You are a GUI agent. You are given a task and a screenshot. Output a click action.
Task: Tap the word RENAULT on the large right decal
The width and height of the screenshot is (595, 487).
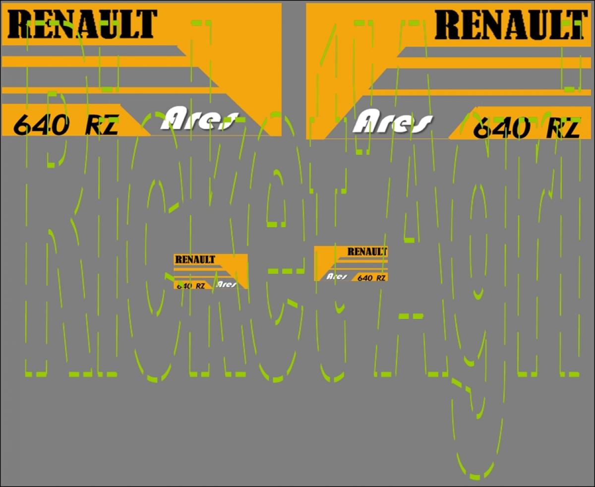pos(512,25)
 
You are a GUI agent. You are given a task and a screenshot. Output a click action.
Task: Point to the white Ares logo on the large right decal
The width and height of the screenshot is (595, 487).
pos(392,121)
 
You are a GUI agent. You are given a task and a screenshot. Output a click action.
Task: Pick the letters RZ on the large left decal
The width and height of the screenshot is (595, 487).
pos(102,125)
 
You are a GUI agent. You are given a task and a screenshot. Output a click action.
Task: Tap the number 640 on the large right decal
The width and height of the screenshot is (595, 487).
pos(502,129)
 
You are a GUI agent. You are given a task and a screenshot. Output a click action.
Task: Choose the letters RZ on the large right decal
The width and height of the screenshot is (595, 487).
pos(562,129)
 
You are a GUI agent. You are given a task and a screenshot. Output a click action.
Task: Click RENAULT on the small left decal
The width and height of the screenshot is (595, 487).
pos(195,259)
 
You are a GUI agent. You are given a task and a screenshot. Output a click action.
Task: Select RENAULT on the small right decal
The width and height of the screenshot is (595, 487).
pos(367,251)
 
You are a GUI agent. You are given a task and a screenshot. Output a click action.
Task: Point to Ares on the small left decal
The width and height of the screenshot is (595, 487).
pos(226,285)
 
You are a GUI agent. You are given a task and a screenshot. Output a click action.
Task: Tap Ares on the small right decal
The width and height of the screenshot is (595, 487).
pos(337,276)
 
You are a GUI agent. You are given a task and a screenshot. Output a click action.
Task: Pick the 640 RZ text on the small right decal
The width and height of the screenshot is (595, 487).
pos(371,278)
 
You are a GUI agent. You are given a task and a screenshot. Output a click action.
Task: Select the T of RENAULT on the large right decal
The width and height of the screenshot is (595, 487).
pos(577,25)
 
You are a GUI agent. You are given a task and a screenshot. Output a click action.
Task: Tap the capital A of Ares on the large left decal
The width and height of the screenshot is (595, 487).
pos(174,119)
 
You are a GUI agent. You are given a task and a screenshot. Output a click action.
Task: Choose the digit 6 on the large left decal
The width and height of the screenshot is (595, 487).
pos(22,125)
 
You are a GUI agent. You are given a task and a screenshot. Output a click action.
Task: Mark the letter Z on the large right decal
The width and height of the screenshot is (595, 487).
pos(571,129)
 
